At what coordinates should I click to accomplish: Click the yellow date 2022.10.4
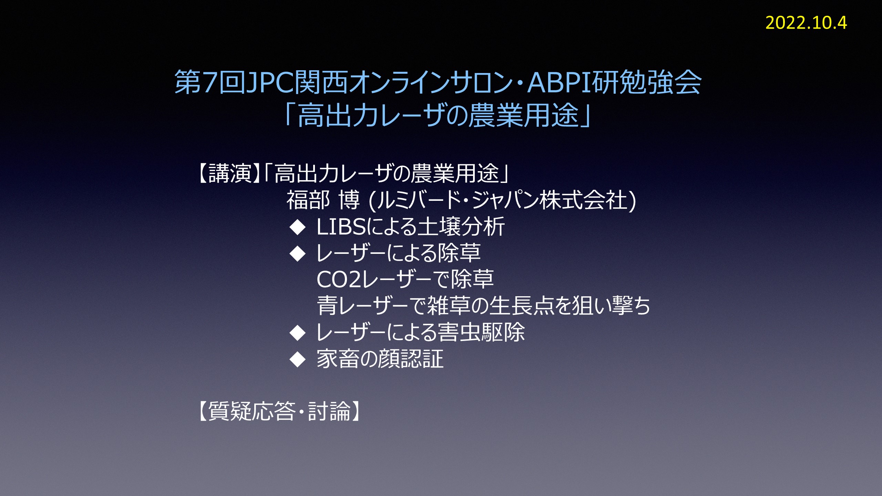[x=806, y=23]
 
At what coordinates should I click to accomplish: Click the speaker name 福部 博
[x=323, y=200]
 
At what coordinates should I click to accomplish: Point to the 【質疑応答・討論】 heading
[x=279, y=411]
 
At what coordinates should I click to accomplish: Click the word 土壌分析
[x=461, y=227]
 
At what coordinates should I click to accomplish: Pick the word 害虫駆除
[x=481, y=332]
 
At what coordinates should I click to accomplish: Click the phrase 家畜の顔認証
[x=380, y=359]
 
